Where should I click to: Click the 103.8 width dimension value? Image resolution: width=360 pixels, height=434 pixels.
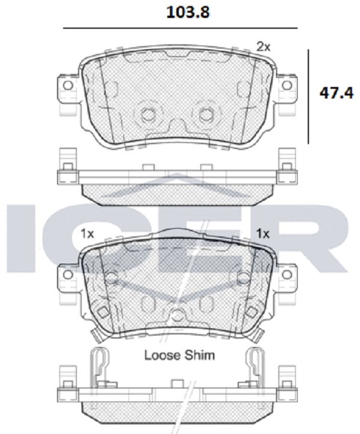pyautogui.click(x=188, y=13)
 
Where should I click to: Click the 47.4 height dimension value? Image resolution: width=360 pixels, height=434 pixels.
pyautogui.click(x=336, y=93)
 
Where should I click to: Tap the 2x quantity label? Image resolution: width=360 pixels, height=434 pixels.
pyautogui.click(x=263, y=47)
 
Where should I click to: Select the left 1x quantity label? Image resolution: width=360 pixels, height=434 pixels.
pyautogui.click(x=87, y=234)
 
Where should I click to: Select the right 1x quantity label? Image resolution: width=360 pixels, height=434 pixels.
pyautogui.click(x=263, y=234)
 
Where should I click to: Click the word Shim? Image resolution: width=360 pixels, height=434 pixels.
pyautogui.click(x=200, y=355)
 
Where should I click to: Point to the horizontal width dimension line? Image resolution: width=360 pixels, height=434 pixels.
pyautogui.click(x=180, y=28)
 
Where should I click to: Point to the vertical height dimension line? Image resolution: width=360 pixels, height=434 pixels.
pyautogui.click(x=308, y=97)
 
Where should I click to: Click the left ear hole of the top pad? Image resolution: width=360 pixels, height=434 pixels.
pyautogui.click(x=68, y=85)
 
